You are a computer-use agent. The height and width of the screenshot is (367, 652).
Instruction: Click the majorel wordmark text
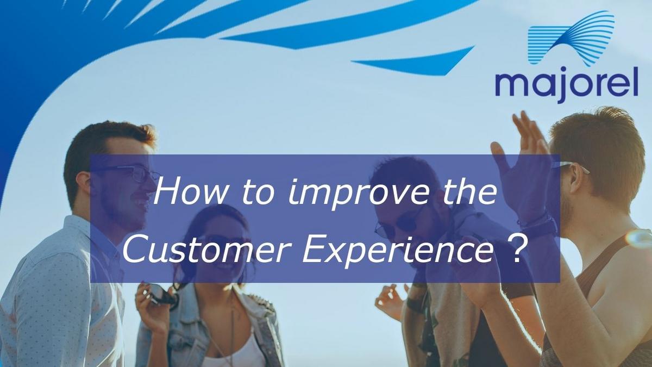(567, 84)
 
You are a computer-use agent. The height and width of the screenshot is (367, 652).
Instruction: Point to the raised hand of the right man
(521, 166)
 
